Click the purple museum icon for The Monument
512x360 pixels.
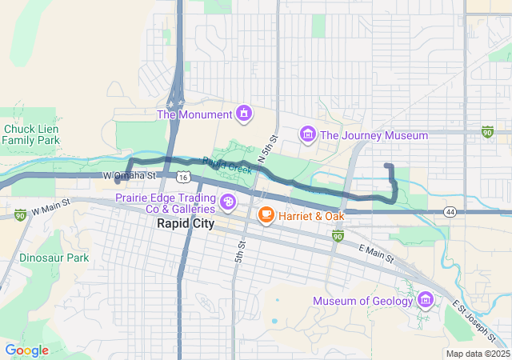pyautogui.click(x=242, y=114)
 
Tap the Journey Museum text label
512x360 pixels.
pyautogui.click(x=374, y=135)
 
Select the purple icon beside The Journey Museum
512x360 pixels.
pyautogui.click(x=307, y=134)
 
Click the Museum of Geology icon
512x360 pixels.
pyautogui.click(x=426, y=301)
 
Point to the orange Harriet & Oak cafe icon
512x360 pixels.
pyautogui.click(x=266, y=215)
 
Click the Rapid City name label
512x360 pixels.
pyautogui.click(x=185, y=224)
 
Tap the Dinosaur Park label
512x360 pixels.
pyautogui.click(x=54, y=258)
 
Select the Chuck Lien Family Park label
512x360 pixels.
pyautogui.click(x=31, y=134)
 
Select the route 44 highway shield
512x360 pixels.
pyautogui.click(x=451, y=212)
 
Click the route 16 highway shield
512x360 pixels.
pyautogui.click(x=184, y=176)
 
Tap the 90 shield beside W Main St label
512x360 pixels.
pyautogui.click(x=20, y=214)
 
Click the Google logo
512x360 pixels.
pyautogui.click(x=26, y=350)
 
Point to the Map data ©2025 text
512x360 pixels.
pyautogui.click(x=478, y=354)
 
